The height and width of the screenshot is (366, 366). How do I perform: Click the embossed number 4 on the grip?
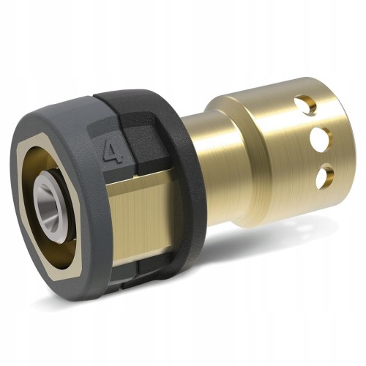(113, 153)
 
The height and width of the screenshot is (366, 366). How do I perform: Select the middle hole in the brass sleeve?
(321, 137)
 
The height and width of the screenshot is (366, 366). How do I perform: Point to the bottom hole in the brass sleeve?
(325, 176)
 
